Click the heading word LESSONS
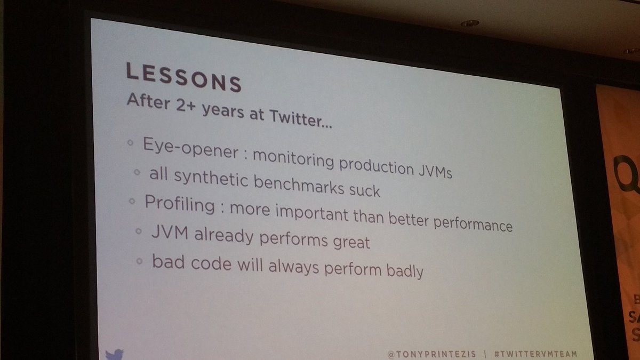click(x=183, y=77)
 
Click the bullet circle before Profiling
click(x=133, y=202)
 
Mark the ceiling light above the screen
click(x=469, y=24)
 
